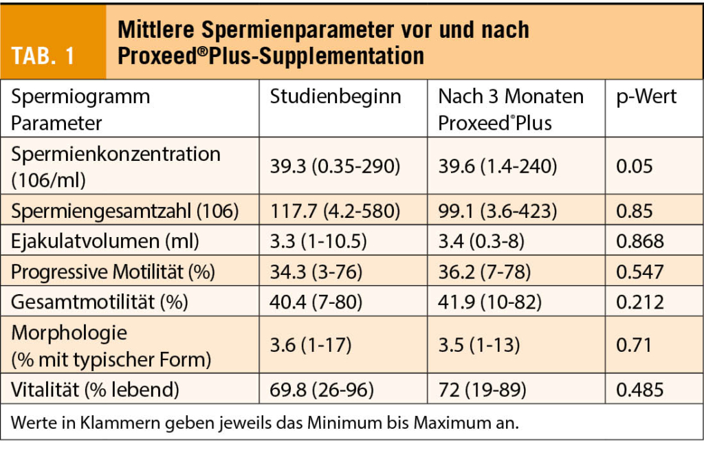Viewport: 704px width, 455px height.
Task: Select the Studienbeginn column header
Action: tap(335, 97)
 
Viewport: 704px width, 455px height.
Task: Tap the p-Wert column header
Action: tap(646, 97)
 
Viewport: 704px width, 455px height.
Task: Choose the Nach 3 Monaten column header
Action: tap(511, 97)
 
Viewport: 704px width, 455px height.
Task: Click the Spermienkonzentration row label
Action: tap(115, 154)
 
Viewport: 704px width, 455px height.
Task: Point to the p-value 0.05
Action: tap(634, 166)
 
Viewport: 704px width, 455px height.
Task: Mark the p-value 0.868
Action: tap(640, 241)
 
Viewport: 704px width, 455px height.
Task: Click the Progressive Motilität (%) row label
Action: tap(113, 271)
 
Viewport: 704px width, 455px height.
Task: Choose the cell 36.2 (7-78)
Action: tap(485, 271)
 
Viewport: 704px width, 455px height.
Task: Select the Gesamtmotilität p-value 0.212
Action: tap(640, 302)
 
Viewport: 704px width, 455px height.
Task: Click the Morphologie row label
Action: tap(69, 333)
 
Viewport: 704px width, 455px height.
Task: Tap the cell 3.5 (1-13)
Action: tap(478, 346)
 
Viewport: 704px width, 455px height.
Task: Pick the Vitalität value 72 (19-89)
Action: tap(482, 390)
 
